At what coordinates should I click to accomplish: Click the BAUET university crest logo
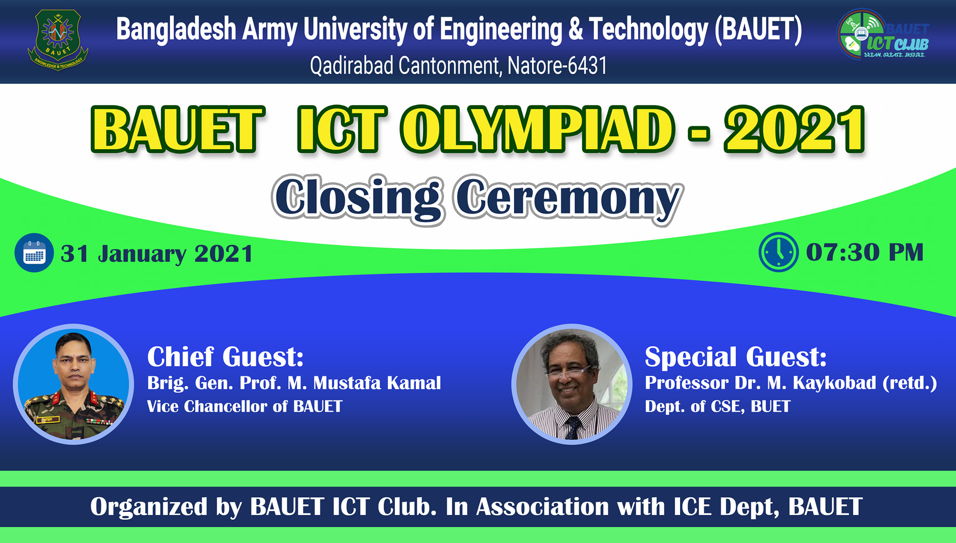(x=58, y=40)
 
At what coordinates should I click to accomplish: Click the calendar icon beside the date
(x=34, y=253)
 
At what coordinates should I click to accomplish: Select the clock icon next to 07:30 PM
(x=779, y=252)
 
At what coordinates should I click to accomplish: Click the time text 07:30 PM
(x=865, y=252)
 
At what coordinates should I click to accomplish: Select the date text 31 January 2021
(x=157, y=254)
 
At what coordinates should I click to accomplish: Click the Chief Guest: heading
(x=225, y=357)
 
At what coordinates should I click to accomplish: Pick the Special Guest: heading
(x=736, y=357)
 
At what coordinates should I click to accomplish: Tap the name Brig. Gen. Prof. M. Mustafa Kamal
(x=294, y=383)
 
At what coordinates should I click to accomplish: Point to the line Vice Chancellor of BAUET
(x=245, y=406)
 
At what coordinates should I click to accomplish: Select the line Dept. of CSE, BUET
(x=717, y=406)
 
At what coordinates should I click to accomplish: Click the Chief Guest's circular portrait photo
(x=73, y=384)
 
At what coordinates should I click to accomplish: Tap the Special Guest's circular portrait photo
(x=572, y=384)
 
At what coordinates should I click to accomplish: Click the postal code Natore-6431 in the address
(x=557, y=66)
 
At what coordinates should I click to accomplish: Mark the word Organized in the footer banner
(x=149, y=507)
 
